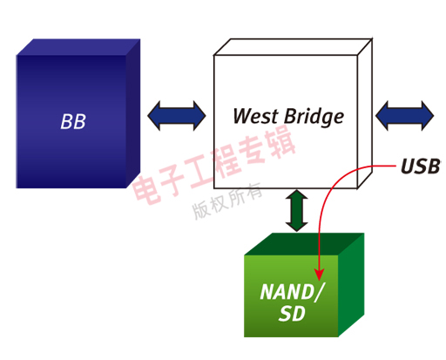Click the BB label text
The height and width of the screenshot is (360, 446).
click(x=74, y=120)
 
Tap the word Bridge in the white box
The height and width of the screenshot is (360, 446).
click(x=312, y=117)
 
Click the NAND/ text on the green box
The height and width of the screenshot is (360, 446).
click(x=290, y=292)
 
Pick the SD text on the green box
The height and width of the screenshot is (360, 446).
click(x=290, y=314)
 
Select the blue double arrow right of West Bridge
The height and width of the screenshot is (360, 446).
click(x=404, y=115)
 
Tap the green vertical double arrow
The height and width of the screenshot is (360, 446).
click(x=297, y=211)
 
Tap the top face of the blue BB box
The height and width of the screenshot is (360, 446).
click(x=78, y=47)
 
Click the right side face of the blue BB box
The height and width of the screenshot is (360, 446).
click(x=132, y=113)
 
